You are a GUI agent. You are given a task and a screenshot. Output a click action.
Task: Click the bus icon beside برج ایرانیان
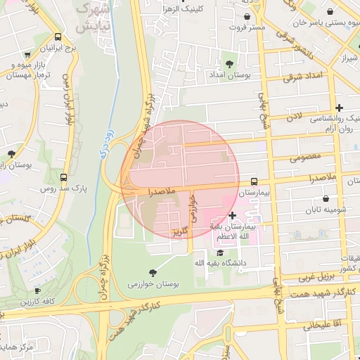point(57,37)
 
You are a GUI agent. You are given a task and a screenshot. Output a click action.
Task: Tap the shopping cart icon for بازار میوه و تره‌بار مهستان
point(26,54)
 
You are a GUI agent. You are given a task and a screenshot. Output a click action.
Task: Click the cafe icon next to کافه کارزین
point(37,290)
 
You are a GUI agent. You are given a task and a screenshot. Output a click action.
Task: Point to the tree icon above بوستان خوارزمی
point(153,272)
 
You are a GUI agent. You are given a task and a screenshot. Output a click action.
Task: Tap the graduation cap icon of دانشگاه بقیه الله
point(220,252)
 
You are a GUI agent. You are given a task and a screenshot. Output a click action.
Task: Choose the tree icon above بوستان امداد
point(229,64)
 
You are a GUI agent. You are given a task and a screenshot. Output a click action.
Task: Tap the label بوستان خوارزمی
point(153,284)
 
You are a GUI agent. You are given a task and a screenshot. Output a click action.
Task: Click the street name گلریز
point(180,231)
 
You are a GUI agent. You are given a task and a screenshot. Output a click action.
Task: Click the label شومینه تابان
point(322,209)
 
